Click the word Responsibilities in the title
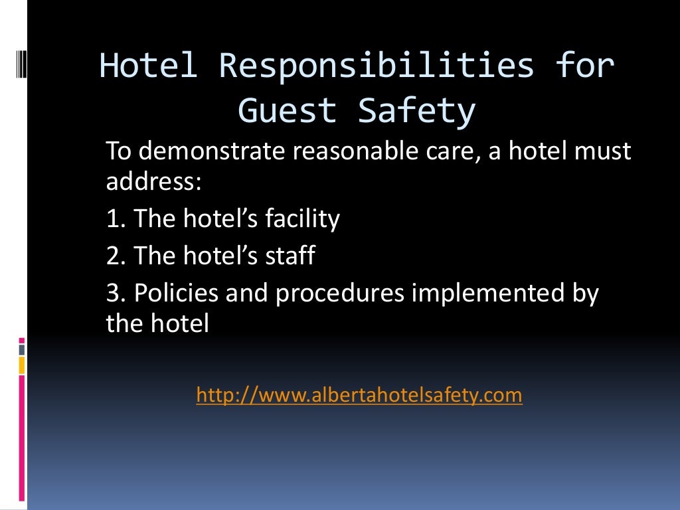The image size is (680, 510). [x=377, y=66]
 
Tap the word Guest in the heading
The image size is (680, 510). [x=288, y=110]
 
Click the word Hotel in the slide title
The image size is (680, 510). [x=148, y=66]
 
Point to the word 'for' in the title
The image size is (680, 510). [x=586, y=66]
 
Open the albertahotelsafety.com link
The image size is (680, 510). [x=359, y=396]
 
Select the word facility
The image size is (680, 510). [x=301, y=218]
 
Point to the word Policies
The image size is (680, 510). [x=176, y=293]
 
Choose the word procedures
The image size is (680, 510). [x=339, y=293]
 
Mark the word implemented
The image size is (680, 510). [x=490, y=293]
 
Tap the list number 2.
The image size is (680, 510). [x=114, y=256]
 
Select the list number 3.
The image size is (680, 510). [x=114, y=293]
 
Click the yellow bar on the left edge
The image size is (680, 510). [x=22, y=365]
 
